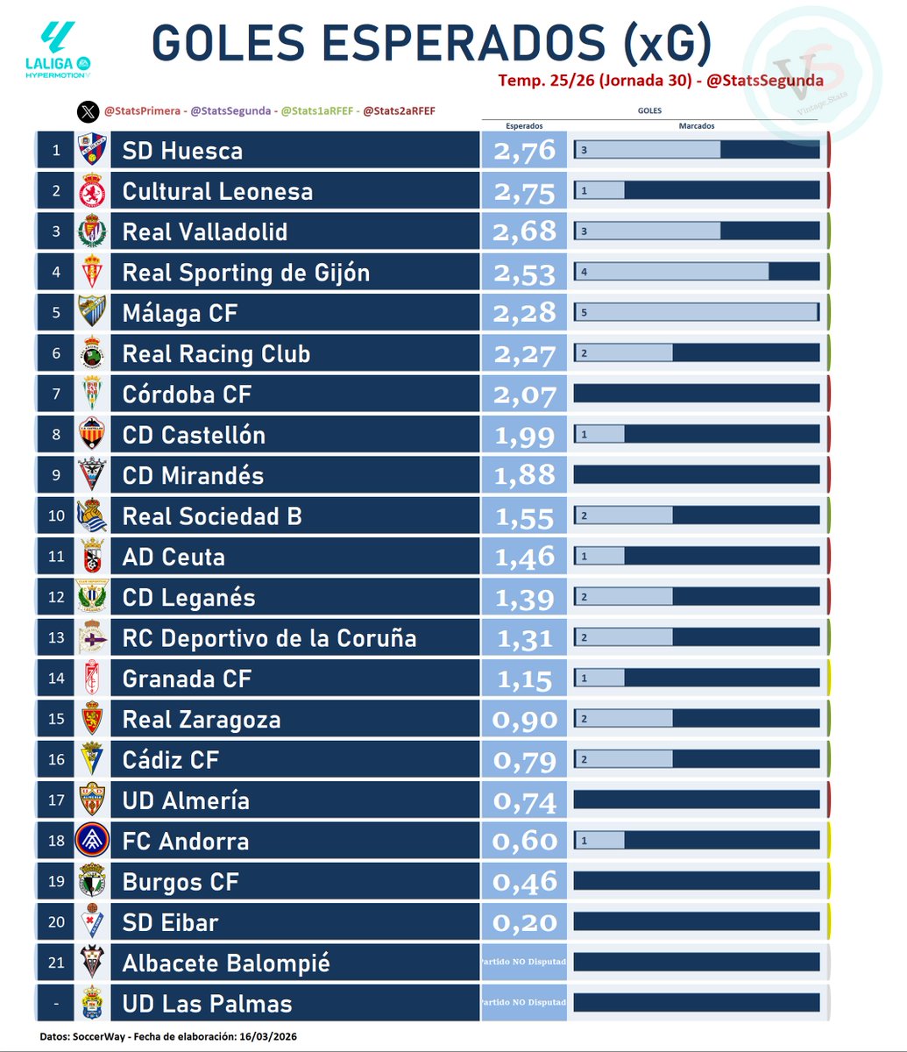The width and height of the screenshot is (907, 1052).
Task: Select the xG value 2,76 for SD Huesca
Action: point(524,151)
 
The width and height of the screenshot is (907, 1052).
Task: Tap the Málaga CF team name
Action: point(180,313)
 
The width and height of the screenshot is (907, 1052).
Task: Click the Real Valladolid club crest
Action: point(91,232)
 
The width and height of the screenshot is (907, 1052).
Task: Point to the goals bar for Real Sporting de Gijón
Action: point(696,273)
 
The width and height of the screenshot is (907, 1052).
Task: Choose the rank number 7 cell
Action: point(56,394)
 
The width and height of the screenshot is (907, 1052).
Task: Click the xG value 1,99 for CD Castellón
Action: point(524,435)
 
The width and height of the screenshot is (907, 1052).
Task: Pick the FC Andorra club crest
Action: point(91,841)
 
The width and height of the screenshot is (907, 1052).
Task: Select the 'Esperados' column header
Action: point(524,126)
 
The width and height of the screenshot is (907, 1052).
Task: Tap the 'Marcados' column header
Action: point(696,126)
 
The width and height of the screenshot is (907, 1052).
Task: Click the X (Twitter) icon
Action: point(88,111)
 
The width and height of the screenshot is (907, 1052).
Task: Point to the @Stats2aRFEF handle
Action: point(399,111)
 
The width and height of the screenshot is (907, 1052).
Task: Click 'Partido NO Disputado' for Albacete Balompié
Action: point(524,962)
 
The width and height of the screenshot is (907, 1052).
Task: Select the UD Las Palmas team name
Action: point(207,1004)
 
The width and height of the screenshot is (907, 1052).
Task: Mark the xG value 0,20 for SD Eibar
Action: point(524,922)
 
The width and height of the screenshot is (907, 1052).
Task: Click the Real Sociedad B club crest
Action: point(91,516)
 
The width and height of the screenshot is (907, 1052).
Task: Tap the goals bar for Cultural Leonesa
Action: point(696,191)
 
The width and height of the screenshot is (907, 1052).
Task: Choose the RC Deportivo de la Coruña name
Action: point(269,638)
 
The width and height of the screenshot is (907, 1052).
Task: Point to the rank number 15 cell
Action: point(56,719)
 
